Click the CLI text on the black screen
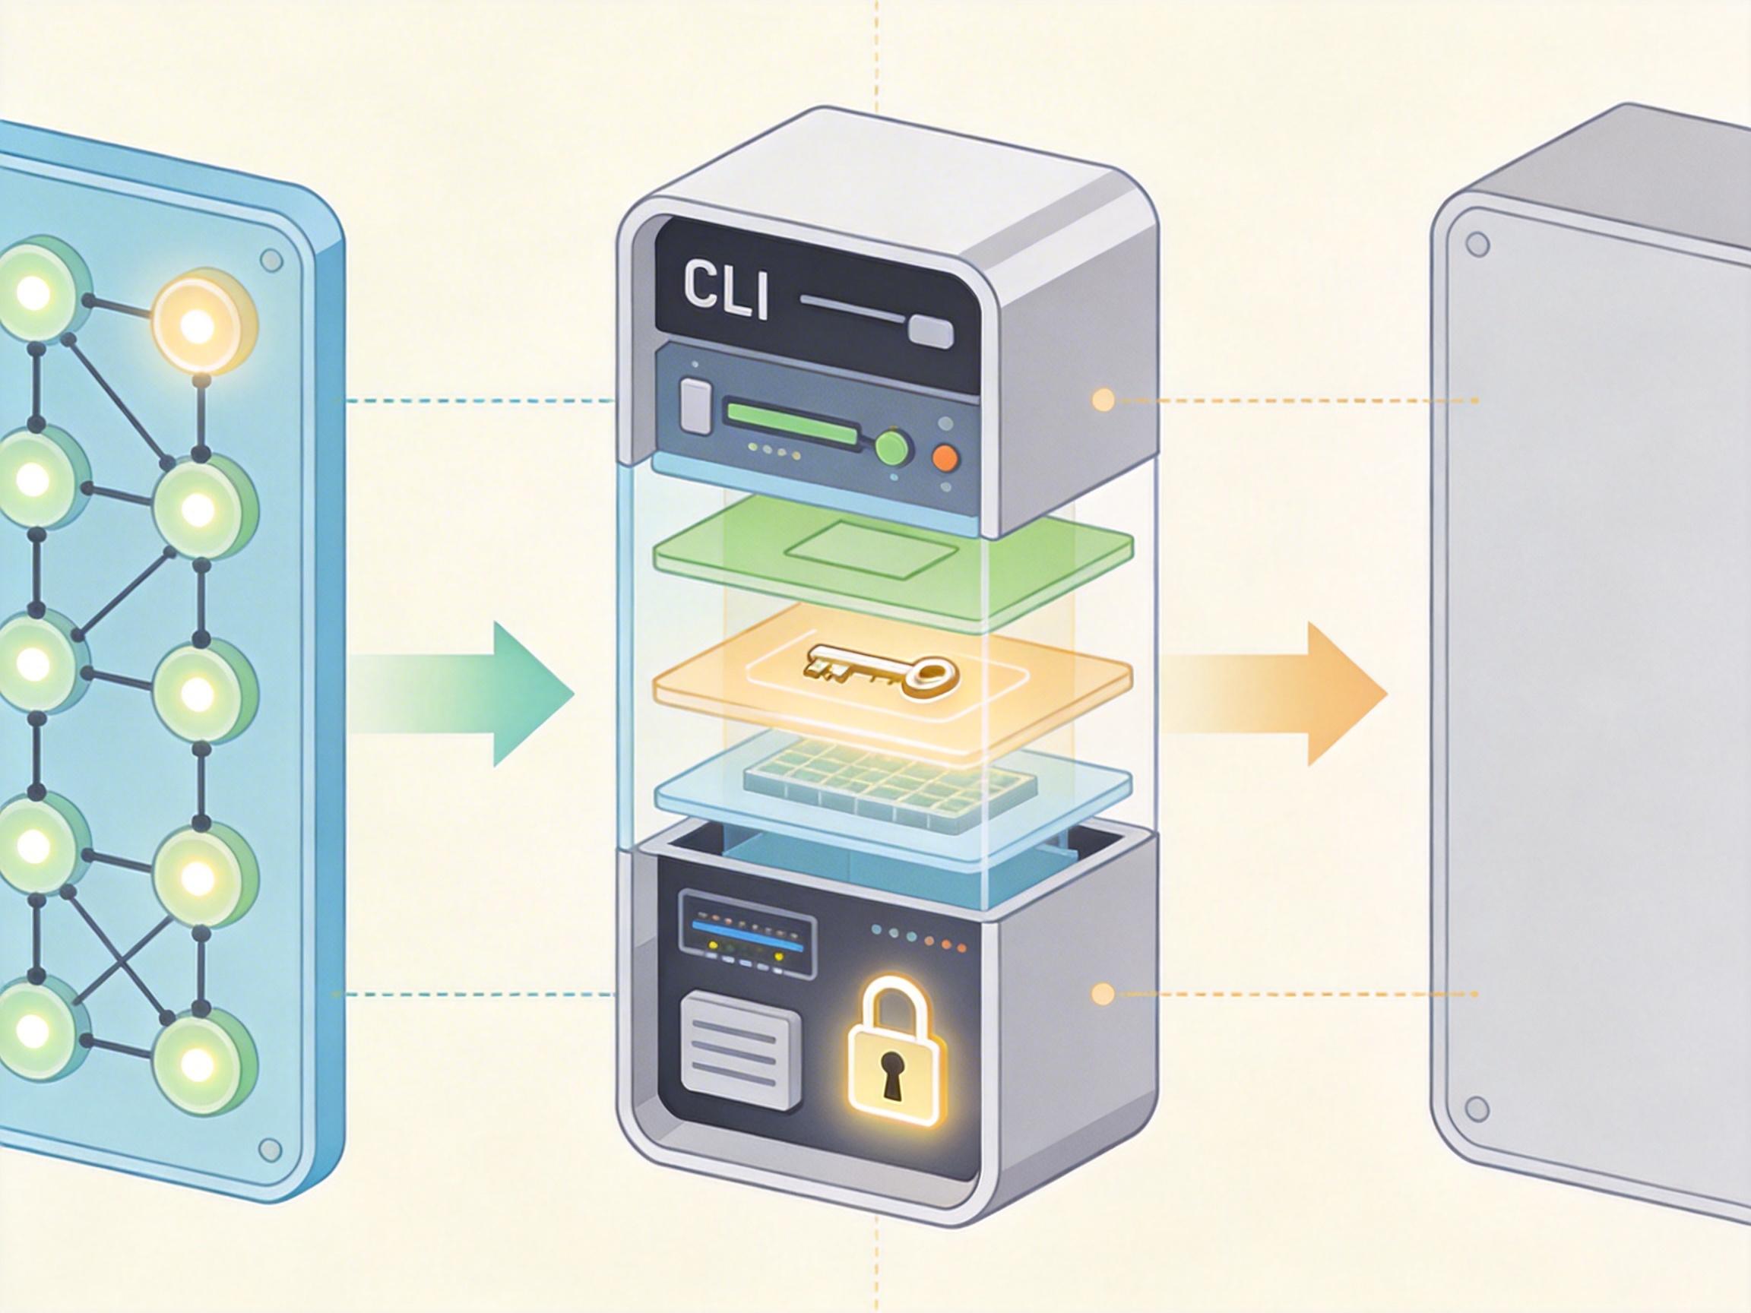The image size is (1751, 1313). [x=725, y=293]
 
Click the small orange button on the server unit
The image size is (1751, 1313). [x=946, y=457]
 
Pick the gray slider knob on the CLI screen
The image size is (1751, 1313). [x=931, y=331]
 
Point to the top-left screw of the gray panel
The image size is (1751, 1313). [x=1477, y=244]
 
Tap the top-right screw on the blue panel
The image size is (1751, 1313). [x=271, y=260]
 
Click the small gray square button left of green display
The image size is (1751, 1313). [x=696, y=407]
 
